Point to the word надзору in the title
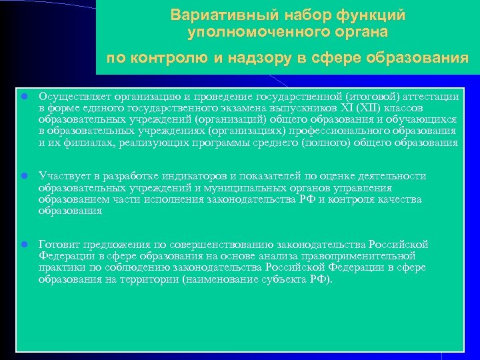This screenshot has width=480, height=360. tap(259, 57)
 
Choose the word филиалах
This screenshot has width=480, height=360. tap(83, 143)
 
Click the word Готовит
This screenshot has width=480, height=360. tap(59, 244)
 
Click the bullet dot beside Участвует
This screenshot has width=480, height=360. tap(23, 176)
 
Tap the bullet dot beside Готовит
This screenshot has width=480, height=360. tap(23, 244)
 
